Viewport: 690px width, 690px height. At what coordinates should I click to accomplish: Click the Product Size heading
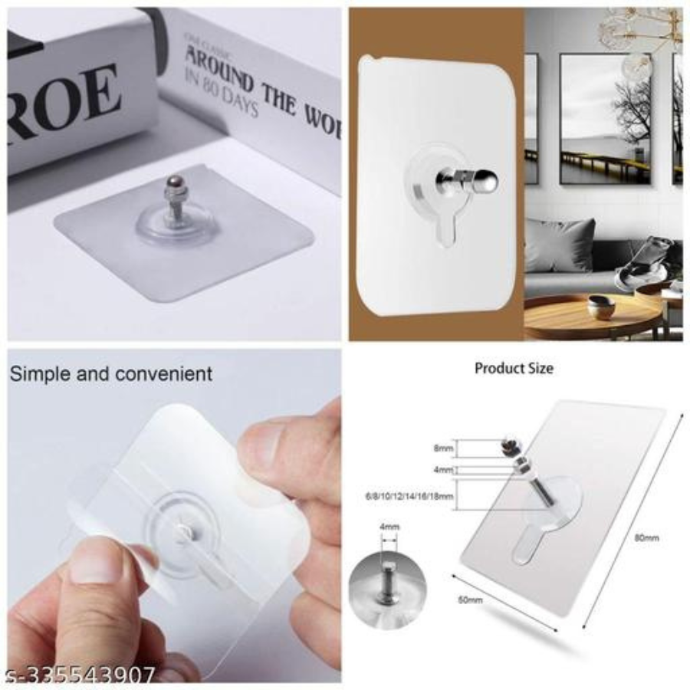[x=513, y=369]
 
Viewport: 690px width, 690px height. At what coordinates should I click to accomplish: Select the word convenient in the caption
[x=163, y=374]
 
